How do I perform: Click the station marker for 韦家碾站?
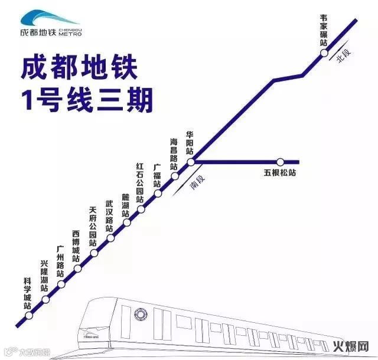click(x=324, y=53)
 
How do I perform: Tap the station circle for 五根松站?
click(x=281, y=161)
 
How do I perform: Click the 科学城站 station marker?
click(x=45, y=299)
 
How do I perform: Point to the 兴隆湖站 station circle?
click(x=61, y=285)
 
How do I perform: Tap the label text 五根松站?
click(x=279, y=174)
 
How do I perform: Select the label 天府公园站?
click(x=92, y=227)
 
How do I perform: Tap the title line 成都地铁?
click(x=79, y=68)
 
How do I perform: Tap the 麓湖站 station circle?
click(x=126, y=223)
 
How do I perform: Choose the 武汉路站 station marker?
click(x=110, y=238)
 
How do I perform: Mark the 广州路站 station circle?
click(x=78, y=270)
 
